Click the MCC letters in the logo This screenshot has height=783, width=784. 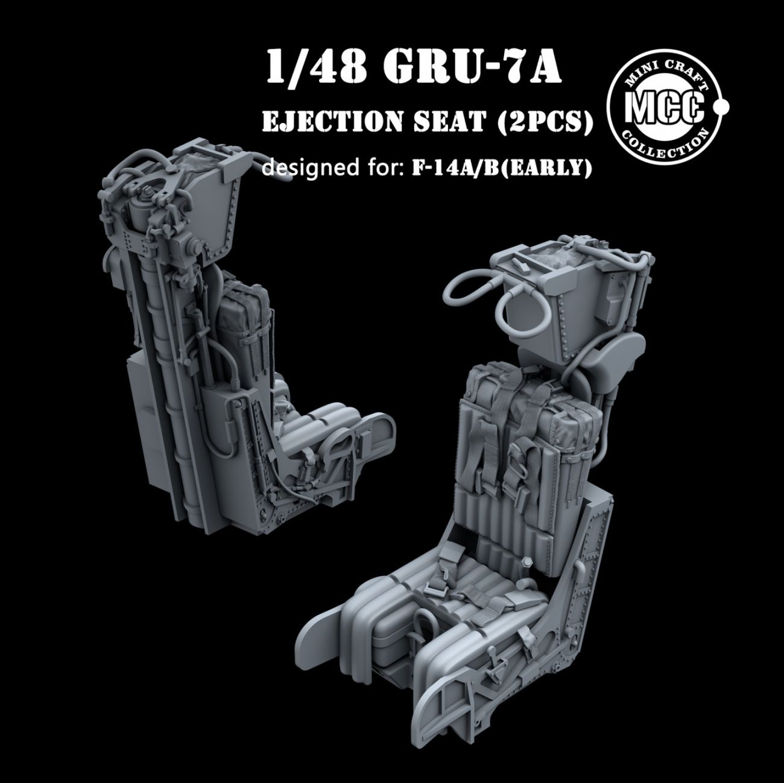coord(663,108)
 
